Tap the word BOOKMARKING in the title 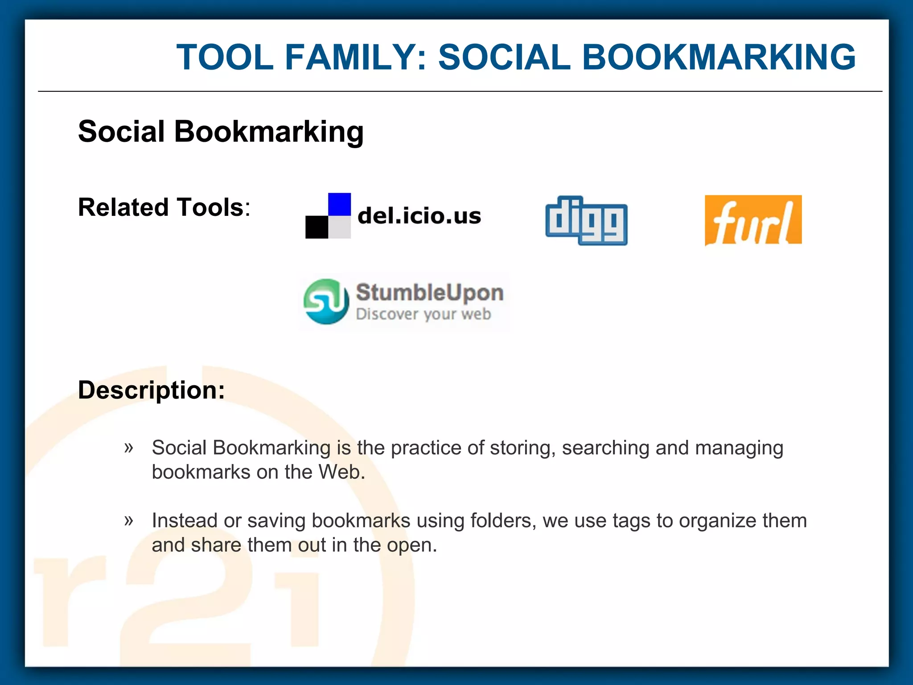719,57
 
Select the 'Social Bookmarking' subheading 221,132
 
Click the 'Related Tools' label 161,207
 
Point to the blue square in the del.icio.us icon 339,204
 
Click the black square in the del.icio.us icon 317,227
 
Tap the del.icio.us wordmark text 419,216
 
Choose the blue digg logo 586,220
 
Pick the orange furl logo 753,220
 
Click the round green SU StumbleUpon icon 326,301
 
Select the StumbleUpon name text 429,293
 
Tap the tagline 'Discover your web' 423,314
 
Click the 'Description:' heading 152,390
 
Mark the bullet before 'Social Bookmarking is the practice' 129,447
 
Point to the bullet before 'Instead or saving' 129,520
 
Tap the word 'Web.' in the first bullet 341,472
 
